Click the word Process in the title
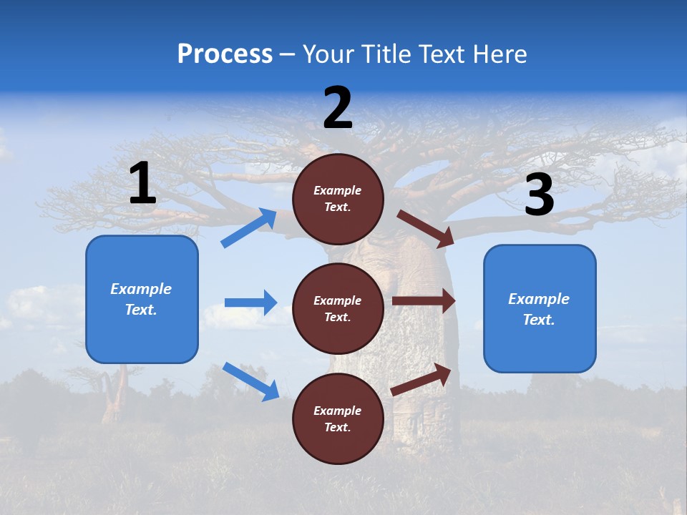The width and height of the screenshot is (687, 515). pos(225,54)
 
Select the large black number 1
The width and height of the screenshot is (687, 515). pos(142,184)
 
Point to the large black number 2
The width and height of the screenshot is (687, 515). pos(338,108)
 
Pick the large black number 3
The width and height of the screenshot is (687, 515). pos(539,195)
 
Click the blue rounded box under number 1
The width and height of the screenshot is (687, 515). pos(142,299)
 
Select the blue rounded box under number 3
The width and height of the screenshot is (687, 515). pos(540,309)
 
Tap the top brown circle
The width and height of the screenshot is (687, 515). pos(338,199)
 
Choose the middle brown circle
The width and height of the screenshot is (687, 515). pos(338,308)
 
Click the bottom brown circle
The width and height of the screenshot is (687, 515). pos(338,418)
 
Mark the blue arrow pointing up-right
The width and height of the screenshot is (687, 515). pos(249,228)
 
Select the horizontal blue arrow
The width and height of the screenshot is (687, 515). pos(250,303)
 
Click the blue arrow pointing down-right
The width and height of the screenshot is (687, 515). pos(250,381)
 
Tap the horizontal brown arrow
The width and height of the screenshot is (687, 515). pos(424,300)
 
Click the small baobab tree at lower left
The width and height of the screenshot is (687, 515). pos(114,393)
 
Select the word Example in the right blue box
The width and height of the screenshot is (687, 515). pos(539,299)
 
